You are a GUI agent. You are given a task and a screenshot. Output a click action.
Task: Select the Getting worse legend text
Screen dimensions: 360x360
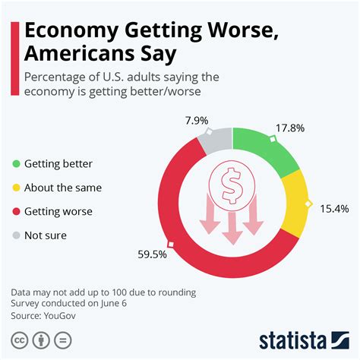(x=58, y=211)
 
